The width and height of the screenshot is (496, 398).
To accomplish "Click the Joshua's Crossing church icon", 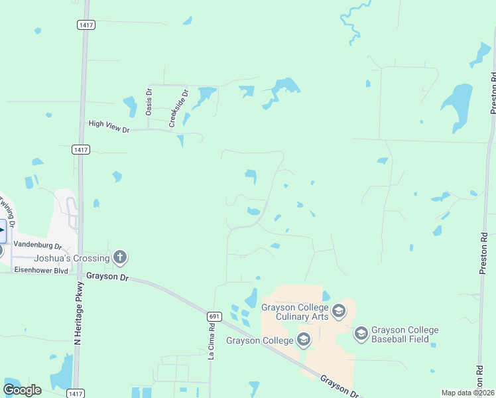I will [120, 257].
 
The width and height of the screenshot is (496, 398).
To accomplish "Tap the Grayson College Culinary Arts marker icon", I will [338, 310].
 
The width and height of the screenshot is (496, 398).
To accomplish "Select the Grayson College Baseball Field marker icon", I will [361, 333].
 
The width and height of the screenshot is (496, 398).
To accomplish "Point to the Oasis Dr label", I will [149, 101].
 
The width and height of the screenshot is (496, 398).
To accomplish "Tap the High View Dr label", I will [109, 126].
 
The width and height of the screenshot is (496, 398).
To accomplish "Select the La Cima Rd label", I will [212, 342].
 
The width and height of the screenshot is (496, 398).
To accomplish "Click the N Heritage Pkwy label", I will [78, 312].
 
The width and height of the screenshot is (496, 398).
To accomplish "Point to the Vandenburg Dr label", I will [38, 245].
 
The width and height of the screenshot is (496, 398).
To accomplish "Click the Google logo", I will [22, 390].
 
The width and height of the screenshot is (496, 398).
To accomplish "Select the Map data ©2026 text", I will [467, 393].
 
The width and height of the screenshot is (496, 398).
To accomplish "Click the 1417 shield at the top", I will [86, 25].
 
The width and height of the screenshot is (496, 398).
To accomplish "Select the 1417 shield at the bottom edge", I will [76, 393].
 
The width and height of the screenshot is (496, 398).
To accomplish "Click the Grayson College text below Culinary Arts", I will [259, 341].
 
